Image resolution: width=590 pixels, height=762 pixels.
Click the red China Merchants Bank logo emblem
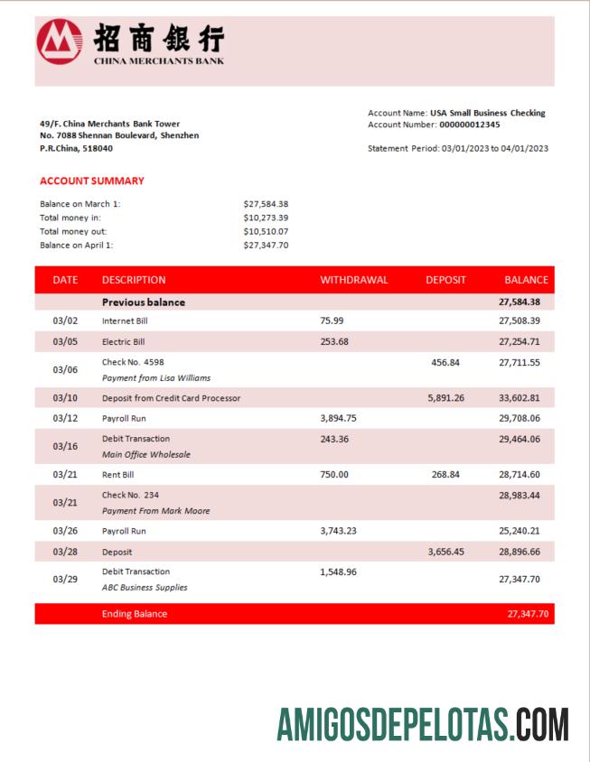pyautogui.click(x=59, y=42)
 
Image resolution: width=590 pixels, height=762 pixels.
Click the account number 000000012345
pyautogui.click(x=469, y=125)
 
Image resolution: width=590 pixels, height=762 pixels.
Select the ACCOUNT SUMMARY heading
pyautogui.click(x=92, y=181)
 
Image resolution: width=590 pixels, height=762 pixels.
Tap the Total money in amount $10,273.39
pyautogui.click(x=266, y=218)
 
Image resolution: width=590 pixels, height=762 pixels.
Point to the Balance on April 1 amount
pyautogui.click(x=266, y=245)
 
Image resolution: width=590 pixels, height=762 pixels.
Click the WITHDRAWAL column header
pyautogui.click(x=353, y=280)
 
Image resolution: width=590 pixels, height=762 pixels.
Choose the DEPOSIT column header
pyautogui.click(x=445, y=280)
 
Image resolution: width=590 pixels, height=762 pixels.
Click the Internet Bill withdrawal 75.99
pyautogui.click(x=332, y=321)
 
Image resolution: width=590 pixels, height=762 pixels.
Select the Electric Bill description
pyautogui.click(x=123, y=342)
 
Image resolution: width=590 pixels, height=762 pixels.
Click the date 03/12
pyautogui.click(x=65, y=419)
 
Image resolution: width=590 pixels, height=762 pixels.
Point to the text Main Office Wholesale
pyautogui.click(x=145, y=455)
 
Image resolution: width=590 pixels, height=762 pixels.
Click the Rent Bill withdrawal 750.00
pyautogui.click(x=333, y=474)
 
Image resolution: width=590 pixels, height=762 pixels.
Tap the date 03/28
pyautogui.click(x=65, y=551)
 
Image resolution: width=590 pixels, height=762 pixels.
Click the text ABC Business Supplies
pyautogui.click(x=145, y=588)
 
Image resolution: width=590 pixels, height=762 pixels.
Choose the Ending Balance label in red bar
pyautogui.click(x=134, y=614)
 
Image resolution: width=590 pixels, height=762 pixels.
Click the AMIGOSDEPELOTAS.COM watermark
pyautogui.click(x=422, y=724)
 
